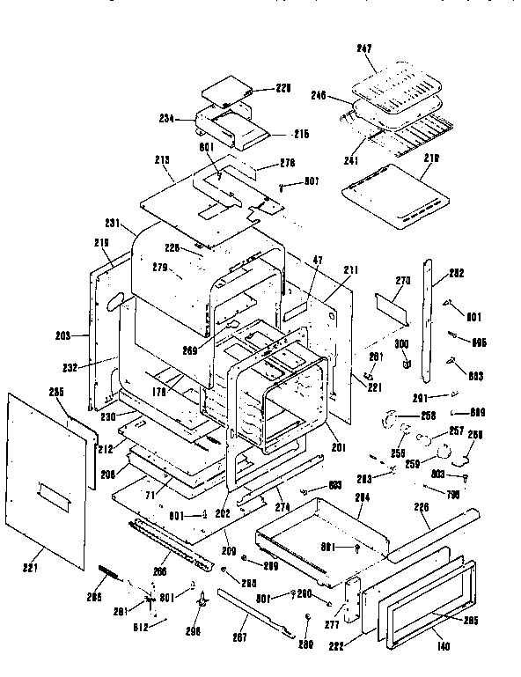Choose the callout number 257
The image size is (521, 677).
point(458,431)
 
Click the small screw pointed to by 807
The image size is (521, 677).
point(282,187)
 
